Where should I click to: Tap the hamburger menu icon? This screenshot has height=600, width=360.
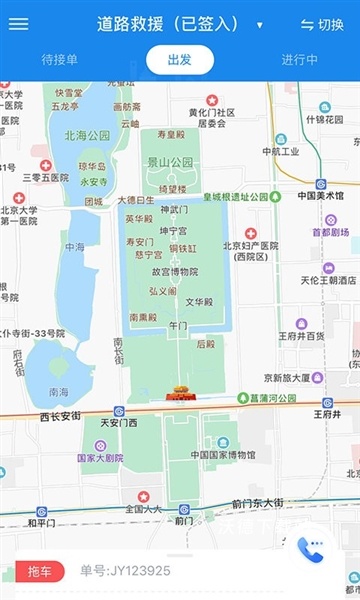[x=18, y=25]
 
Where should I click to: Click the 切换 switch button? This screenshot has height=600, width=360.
[x=322, y=25]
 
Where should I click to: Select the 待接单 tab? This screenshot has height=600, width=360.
[x=59, y=60]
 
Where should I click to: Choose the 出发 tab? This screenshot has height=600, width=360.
[x=180, y=60]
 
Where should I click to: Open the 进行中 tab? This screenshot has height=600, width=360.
[x=300, y=60]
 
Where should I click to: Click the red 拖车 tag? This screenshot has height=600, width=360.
[x=40, y=571]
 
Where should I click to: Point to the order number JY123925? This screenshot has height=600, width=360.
[x=126, y=571]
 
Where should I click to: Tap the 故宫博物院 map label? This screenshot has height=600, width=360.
[x=174, y=271]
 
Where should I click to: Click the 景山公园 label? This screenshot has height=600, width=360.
[x=169, y=162]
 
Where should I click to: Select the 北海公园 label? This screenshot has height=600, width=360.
[x=87, y=135]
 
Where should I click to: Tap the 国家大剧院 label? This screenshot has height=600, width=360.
[x=100, y=458]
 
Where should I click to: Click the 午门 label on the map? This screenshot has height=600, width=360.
[x=179, y=325]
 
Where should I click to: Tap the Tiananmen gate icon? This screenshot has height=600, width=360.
[x=181, y=392]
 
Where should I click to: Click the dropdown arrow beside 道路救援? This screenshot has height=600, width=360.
[x=260, y=25]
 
